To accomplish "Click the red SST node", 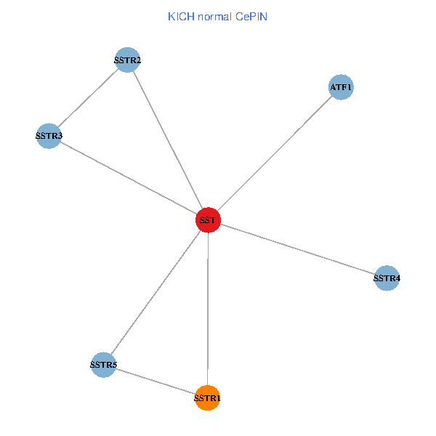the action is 208,219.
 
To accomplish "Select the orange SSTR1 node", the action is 208,398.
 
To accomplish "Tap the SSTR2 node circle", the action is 127,60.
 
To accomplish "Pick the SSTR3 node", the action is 49,136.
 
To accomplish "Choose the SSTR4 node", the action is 387,278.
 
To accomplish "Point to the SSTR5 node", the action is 103,364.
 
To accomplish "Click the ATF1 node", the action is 341,87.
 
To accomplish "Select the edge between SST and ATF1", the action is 275,153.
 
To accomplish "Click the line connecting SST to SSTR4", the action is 297,249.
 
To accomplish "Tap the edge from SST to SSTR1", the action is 208,309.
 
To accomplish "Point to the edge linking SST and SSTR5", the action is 156,292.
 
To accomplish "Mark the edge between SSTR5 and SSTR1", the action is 156,381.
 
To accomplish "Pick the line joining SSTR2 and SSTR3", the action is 88,98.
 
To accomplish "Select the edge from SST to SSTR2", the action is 167,140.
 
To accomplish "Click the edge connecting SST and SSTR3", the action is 128,178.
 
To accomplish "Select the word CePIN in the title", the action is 251,16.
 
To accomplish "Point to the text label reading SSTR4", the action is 387,278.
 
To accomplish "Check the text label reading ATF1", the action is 341,88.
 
